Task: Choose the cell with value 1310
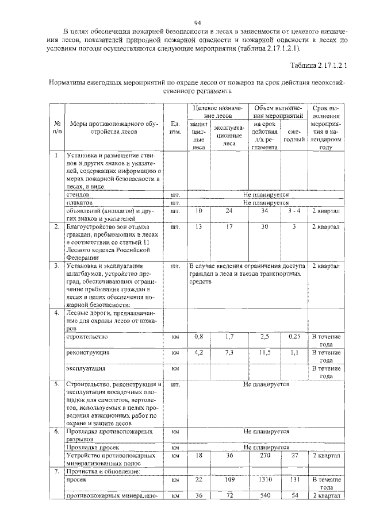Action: (x=264, y=479)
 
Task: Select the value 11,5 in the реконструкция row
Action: (x=264, y=352)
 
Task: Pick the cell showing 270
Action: (x=264, y=454)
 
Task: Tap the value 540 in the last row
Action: (x=264, y=495)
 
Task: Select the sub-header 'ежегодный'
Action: (x=294, y=136)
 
